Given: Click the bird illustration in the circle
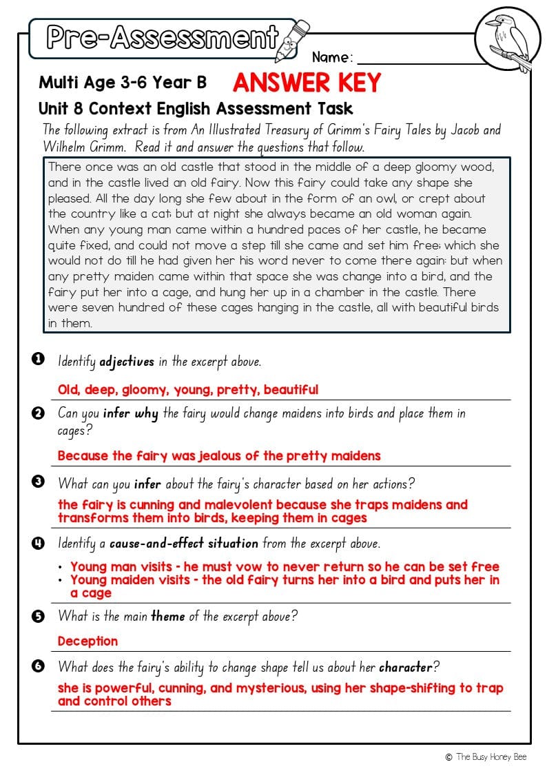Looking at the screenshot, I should [508, 39].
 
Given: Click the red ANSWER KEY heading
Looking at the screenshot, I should [306, 83].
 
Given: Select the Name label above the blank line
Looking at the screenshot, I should [332, 57].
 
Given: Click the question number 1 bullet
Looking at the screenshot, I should [38, 358].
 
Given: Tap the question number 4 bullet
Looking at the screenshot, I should [38, 543].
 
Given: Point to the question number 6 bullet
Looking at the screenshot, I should [38, 666].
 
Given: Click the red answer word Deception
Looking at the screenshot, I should [87, 641].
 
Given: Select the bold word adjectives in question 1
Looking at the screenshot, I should [127, 361].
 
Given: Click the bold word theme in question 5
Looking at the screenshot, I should [168, 616].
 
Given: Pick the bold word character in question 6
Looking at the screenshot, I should [405, 667].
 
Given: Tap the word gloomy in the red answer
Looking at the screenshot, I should [145, 390].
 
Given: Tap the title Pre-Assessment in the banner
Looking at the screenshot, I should [163, 37].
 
